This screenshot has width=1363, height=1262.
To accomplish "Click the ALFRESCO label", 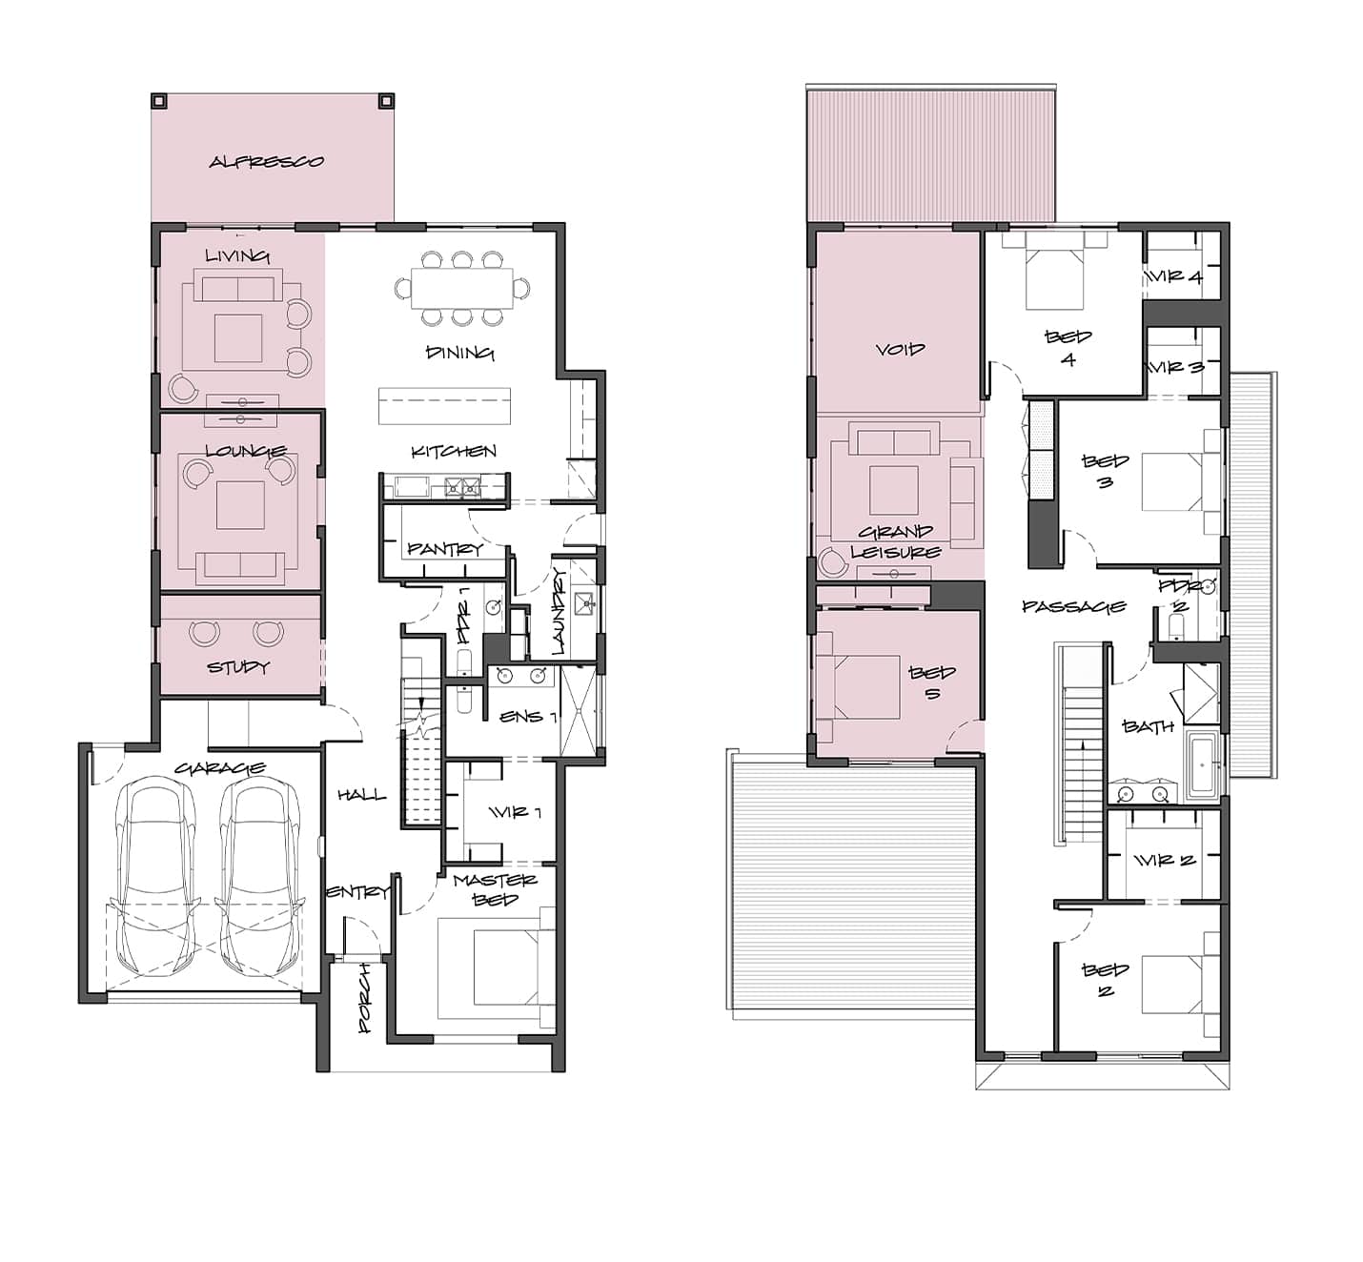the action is pyautogui.click(x=266, y=162).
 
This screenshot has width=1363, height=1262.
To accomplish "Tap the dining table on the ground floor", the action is pyautogui.click(x=462, y=288).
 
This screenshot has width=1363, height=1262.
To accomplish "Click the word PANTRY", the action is pyautogui.click(x=445, y=549).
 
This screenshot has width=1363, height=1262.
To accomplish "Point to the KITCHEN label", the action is pyautogui.click(x=454, y=451).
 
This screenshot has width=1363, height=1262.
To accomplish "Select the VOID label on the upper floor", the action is pyautogui.click(x=901, y=350).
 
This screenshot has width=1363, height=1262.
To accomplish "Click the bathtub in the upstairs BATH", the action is pyautogui.click(x=1202, y=765).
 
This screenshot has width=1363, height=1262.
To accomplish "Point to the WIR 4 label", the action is pyautogui.click(x=1174, y=276).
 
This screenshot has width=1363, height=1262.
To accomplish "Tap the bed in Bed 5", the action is pyautogui.click(x=858, y=687).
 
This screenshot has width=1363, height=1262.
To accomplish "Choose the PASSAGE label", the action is pyautogui.click(x=1074, y=606).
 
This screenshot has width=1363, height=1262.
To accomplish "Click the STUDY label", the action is pyautogui.click(x=238, y=666).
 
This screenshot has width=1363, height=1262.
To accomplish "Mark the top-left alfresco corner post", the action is pyautogui.click(x=159, y=101).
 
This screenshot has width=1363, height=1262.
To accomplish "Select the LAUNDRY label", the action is pyautogui.click(x=559, y=611).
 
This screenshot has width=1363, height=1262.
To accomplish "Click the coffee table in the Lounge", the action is pyautogui.click(x=240, y=504).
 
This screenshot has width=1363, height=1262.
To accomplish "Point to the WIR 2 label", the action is pyautogui.click(x=1164, y=861).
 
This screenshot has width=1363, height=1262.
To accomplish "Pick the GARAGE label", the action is pyautogui.click(x=219, y=768).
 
